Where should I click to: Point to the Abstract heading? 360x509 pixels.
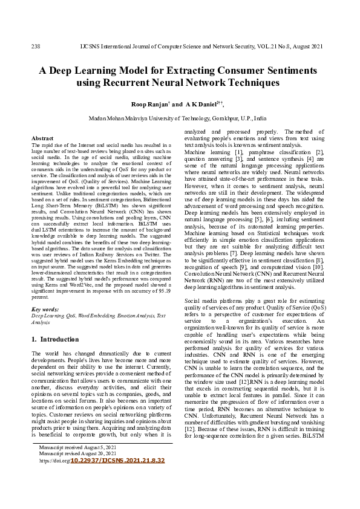(x=42, y=138)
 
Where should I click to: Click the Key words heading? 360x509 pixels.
(x=45, y=309)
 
